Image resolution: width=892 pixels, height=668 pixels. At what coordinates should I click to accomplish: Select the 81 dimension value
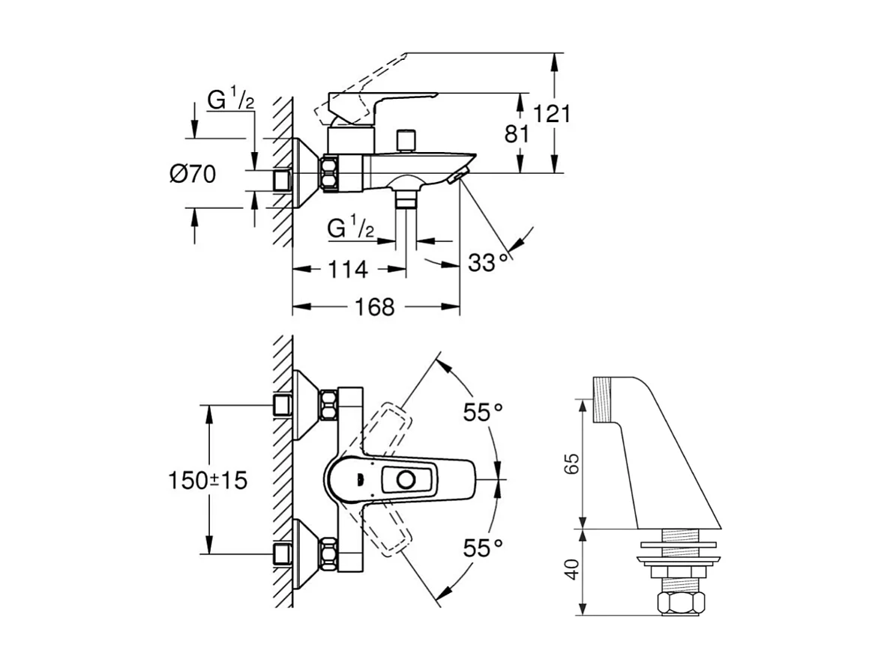(516, 133)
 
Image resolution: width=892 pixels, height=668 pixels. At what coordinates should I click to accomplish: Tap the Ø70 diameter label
(193, 174)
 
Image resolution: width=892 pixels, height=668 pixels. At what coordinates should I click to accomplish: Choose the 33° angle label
(488, 264)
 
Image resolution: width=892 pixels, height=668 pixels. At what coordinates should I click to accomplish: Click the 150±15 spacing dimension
(207, 480)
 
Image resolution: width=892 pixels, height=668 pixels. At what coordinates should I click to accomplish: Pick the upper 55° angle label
(482, 413)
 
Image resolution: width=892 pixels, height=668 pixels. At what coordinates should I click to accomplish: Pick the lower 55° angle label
(482, 547)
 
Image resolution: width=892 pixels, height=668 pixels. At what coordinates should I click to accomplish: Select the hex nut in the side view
(331, 174)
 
